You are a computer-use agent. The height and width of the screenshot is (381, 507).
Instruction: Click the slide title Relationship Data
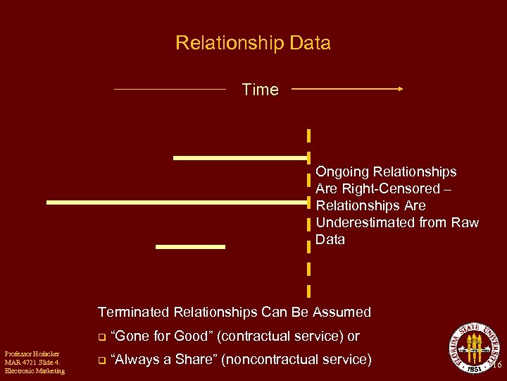click(253, 43)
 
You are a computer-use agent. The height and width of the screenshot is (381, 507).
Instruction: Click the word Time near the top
click(260, 90)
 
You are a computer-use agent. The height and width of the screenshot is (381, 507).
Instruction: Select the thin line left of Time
click(170, 89)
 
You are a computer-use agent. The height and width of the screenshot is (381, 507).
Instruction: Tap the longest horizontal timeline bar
click(177, 202)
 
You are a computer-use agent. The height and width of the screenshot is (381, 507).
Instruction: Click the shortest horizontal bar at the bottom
click(190, 247)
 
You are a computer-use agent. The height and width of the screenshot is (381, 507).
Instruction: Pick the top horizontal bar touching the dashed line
click(240, 158)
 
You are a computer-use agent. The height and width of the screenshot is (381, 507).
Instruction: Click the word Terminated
click(133, 312)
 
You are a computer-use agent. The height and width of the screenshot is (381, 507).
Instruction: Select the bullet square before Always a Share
click(101, 361)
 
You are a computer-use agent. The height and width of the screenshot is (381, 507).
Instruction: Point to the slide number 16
click(498, 365)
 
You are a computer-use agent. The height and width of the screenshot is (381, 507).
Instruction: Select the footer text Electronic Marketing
click(34, 370)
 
